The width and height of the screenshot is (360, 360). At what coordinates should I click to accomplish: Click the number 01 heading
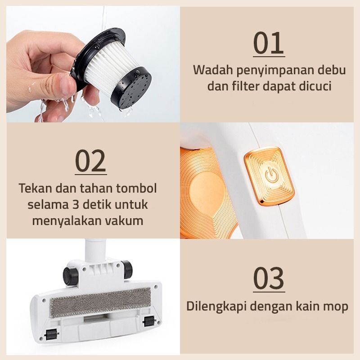(x=269, y=43)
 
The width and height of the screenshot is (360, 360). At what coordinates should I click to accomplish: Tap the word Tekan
(x=36, y=188)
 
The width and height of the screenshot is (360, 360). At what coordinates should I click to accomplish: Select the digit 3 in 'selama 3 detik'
(x=76, y=205)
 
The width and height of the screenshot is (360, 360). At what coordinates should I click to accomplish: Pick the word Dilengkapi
(x=216, y=306)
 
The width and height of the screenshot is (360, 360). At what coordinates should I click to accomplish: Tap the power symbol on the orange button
(x=272, y=175)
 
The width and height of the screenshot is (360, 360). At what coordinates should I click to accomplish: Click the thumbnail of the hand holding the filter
(x=93, y=64)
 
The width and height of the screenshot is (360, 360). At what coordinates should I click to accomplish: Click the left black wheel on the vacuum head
(x=71, y=274)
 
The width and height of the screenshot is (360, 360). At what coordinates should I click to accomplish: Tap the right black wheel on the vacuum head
(x=126, y=269)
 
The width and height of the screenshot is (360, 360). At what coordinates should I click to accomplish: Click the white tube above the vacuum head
(x=95, y=250)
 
